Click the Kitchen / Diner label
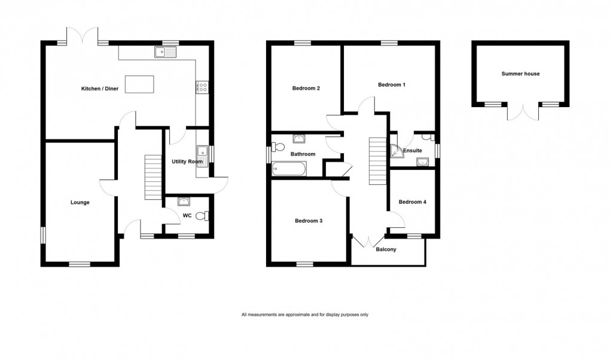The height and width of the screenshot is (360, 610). coord(100,89)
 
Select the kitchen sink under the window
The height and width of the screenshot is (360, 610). coord(164,53)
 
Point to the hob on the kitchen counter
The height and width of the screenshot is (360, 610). coord(202,87)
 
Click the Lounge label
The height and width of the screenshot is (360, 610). coord(80,203)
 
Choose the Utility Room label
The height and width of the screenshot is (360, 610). coord(187,162)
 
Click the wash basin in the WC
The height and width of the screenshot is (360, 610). coord(185,202)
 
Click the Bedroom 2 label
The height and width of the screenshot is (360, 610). coord(306,89)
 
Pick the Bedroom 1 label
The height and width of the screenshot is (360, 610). coord(392,85)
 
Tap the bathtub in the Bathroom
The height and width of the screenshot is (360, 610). coord(289,170)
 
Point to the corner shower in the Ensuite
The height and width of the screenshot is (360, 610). coord(397,152)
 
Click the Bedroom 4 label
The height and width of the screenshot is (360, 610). coord(413,202)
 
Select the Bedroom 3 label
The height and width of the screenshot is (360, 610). coord(309,221)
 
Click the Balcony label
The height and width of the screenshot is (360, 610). coord(386,250)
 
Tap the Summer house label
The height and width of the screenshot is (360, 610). coord(520,74)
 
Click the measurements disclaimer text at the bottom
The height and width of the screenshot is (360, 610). coord(304,315)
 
